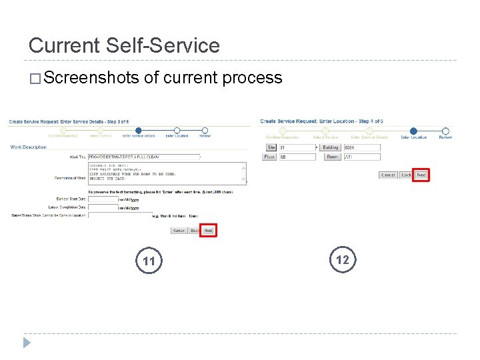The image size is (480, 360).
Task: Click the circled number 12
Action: pos(343,259)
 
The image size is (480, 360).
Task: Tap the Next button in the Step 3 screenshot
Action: pos(209,231)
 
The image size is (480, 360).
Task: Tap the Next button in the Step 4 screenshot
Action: pos(421,175)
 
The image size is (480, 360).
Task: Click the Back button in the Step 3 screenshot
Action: pos(194,231)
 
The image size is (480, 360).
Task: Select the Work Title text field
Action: pos(143,157)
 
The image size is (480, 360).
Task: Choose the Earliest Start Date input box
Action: pos(103,199)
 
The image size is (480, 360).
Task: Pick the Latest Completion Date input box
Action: pos(103,207)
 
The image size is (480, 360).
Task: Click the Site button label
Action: pos(271,147)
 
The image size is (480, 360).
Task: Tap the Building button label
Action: pos(330,147)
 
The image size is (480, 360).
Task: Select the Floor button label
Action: pos(269,157)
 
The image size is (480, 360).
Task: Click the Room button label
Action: pos(332,157)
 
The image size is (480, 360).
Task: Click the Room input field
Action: pos(361,157)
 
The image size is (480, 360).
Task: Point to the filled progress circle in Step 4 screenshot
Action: pos(413,131)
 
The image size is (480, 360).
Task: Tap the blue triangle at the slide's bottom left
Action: pos(27,343)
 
